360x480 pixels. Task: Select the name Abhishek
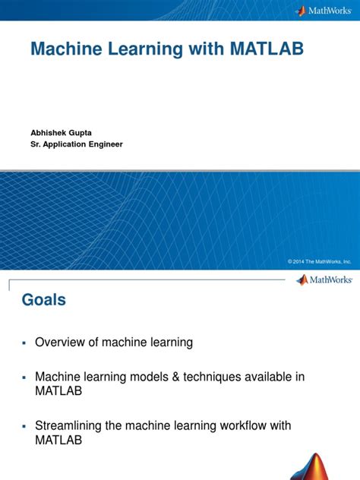pyautogui.click(x=48, y=131)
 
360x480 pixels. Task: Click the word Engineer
pyautogui.click(x=107, y=144)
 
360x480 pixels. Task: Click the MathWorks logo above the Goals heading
pyautogui.click(x=324, y=279)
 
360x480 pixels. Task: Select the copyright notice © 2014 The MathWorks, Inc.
pyautogui.click(x=319, y=261)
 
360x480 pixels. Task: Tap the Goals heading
pyautogui.click(x=43, y=300)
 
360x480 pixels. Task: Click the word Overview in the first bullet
pyautogui.click(x=61, y=343)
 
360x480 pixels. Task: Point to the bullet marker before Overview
pyautogui.click(x=24, y=343)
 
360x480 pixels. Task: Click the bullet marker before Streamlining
pyautogui.click(x=24, y=426)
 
